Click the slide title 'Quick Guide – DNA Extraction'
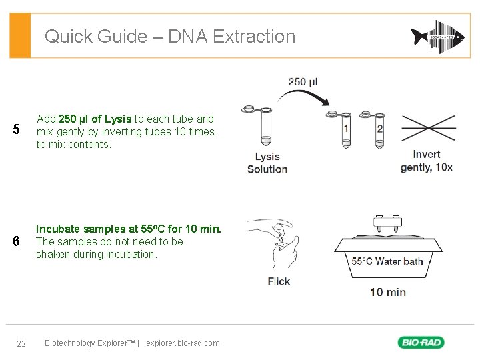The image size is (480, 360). point(169,36)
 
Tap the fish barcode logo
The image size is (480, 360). point(437,37)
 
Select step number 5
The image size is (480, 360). point(17,129)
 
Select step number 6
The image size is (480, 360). point(17,241)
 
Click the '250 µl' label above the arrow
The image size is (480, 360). point(303,82)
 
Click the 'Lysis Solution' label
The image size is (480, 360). point(267,163)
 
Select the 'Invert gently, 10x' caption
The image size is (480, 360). point(427,161)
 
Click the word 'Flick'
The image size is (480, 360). point(279,281)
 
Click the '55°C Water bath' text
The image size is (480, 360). point(387,261)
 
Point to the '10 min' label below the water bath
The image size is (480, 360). point(388,291)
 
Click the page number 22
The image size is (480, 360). point(21,343)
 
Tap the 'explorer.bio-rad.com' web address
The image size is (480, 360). point(182,343)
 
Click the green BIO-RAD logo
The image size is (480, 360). point(421,343)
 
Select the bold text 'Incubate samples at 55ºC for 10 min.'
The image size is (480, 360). point(129,229)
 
